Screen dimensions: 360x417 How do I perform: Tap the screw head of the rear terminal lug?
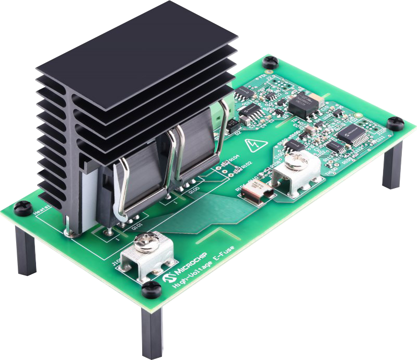pos(293,163)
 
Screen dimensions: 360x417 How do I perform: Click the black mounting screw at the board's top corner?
pos(270,62)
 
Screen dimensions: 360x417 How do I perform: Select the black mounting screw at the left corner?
pos(23,207)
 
